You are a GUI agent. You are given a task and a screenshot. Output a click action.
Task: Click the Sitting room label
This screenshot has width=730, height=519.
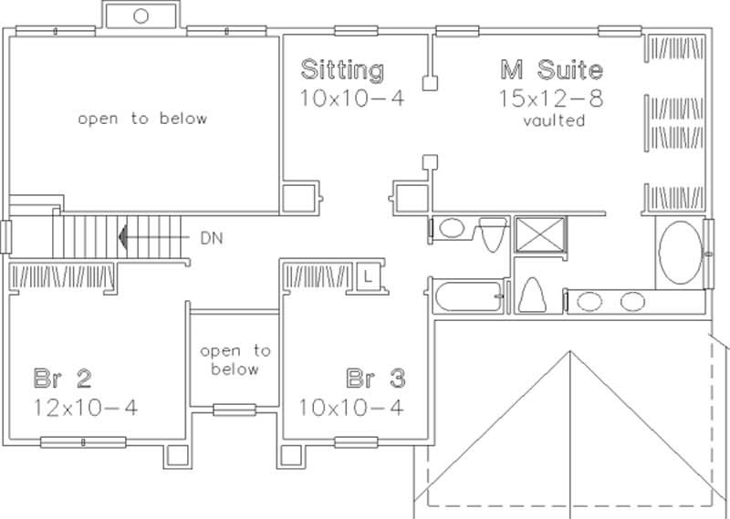(342, 69)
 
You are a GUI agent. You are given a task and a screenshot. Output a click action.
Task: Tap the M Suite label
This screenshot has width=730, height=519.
(550, 69)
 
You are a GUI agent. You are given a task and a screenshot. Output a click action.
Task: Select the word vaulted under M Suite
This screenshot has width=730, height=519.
(554, 120)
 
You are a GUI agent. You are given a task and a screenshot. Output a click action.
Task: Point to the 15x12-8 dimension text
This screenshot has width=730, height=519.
(550, 98)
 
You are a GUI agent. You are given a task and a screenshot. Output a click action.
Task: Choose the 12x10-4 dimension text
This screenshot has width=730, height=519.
(86, 406)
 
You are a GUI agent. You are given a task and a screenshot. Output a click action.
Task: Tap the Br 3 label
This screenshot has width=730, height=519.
(375, 378)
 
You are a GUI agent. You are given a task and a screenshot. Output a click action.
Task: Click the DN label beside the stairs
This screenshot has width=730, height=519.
(208, 238)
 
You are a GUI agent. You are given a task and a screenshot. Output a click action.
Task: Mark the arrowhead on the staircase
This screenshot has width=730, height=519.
(122, 238)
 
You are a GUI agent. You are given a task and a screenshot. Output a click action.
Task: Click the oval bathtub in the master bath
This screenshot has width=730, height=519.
(679, 253)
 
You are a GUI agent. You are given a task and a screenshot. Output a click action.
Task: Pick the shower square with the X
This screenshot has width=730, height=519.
(540, 235)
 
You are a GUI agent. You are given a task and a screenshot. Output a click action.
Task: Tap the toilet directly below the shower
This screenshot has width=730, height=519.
(531, 295)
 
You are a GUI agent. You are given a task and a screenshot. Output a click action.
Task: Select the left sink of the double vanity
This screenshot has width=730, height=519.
(590, 300)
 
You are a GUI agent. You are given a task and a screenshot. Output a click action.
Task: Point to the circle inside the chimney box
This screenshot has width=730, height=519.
(141, 16)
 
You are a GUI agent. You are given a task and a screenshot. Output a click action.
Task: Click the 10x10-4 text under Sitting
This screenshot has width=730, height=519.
(352, 98)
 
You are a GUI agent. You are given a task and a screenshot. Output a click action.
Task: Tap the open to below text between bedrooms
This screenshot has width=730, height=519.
(235, 360)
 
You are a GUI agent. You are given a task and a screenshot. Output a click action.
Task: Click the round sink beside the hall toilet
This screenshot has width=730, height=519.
(450, 228)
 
